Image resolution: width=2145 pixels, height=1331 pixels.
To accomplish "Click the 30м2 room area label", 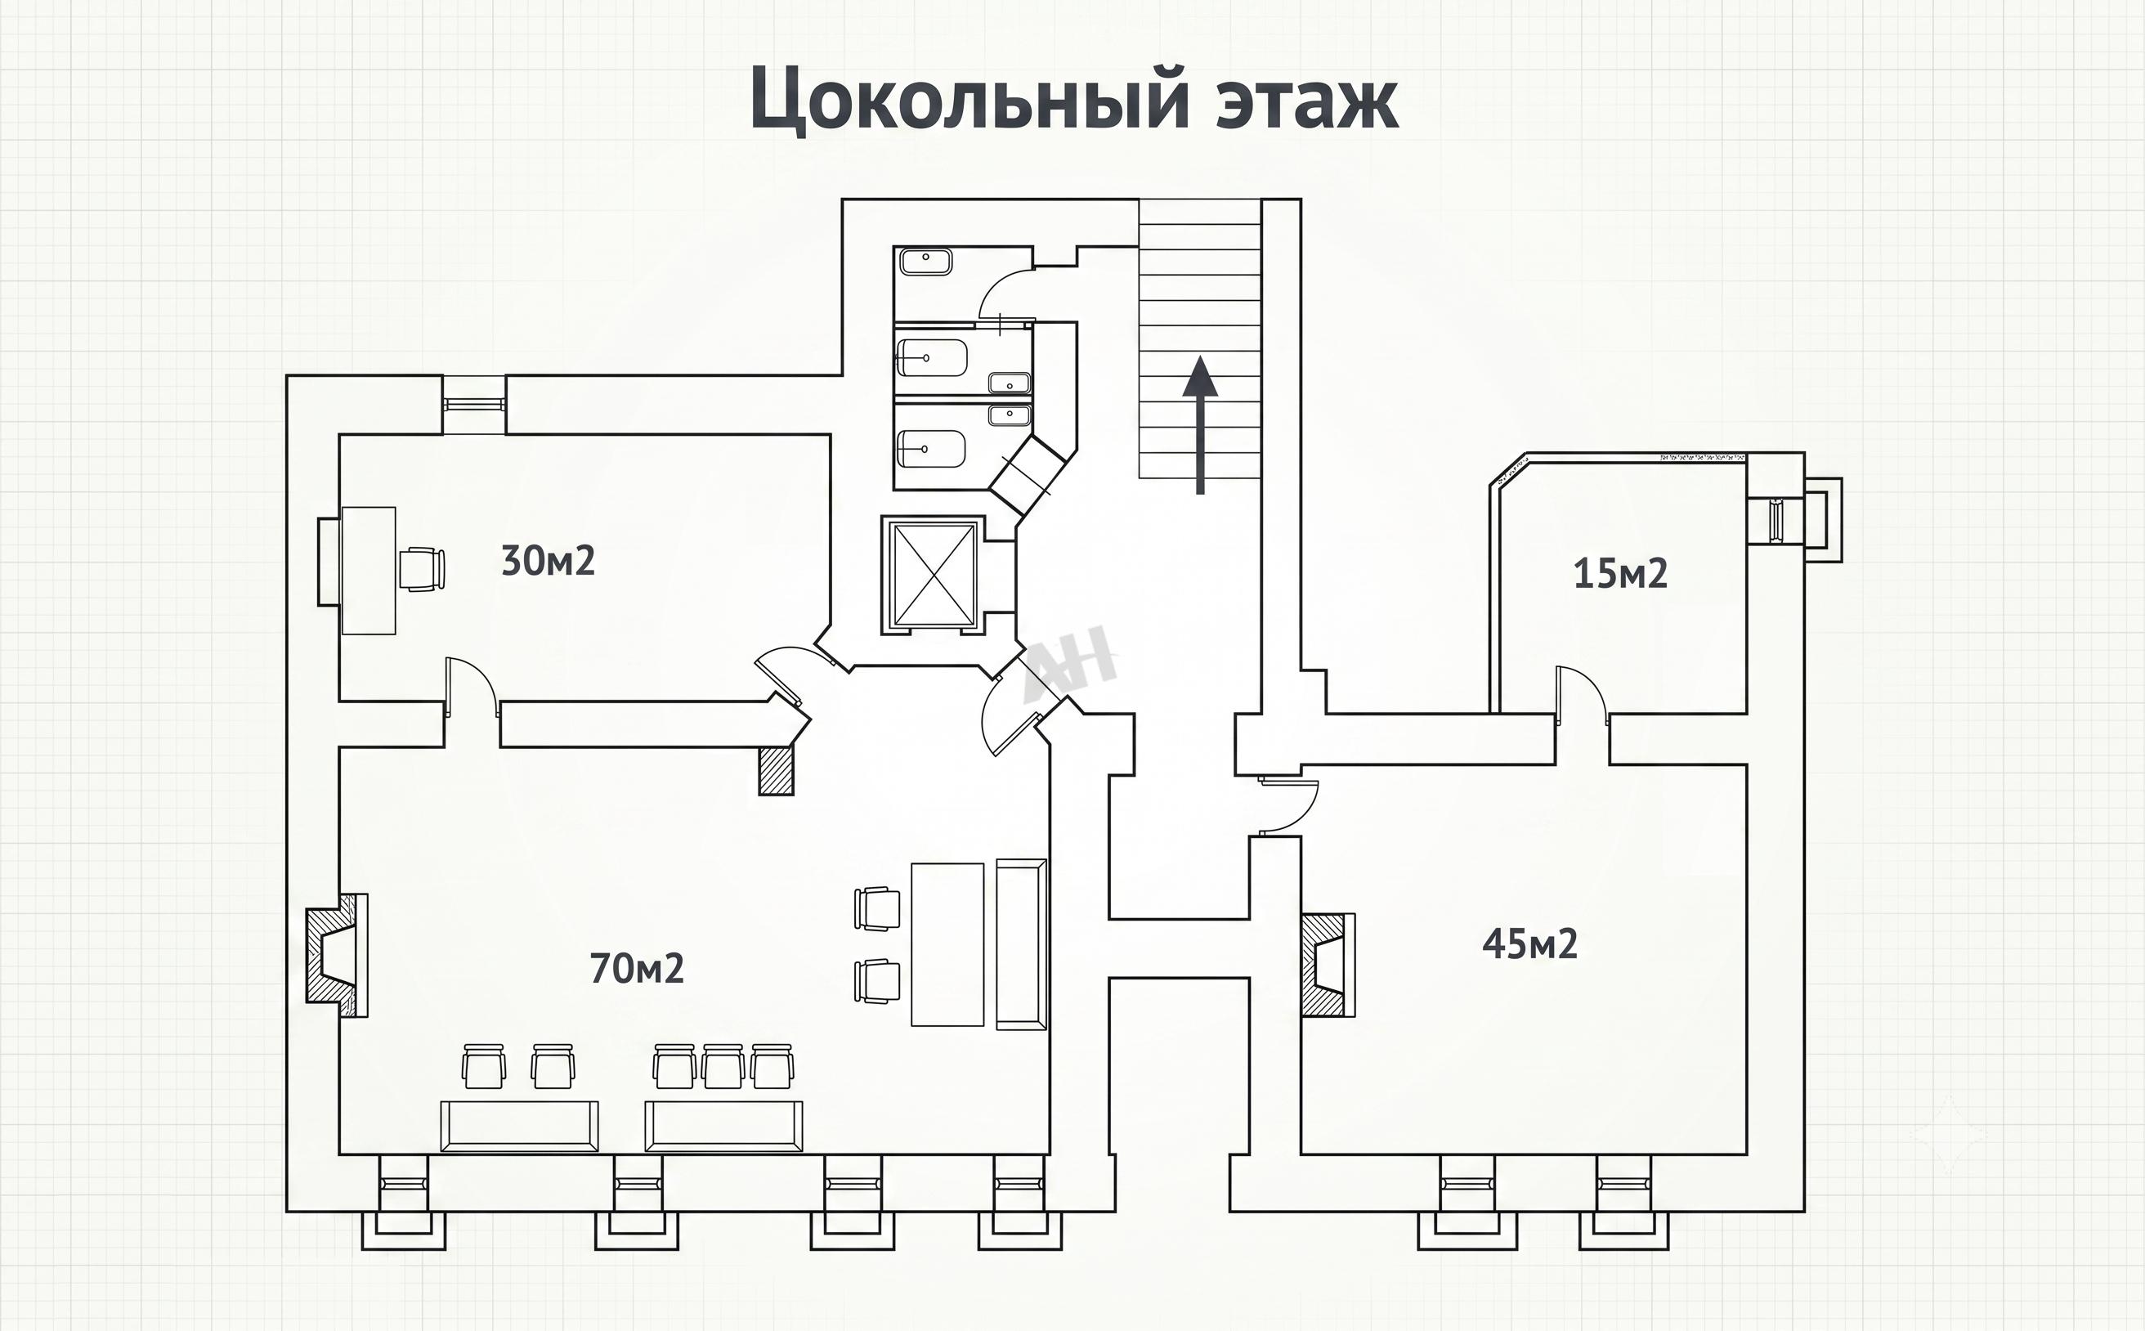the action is tap(548, 561).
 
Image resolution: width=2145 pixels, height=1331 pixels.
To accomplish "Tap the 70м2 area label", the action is tap(636, 968).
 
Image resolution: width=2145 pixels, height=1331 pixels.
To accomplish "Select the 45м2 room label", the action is tap(1529, 943).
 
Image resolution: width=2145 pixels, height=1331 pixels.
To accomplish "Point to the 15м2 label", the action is tap(1619, 574).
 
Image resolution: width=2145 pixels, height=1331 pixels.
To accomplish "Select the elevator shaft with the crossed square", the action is tap(933, 574).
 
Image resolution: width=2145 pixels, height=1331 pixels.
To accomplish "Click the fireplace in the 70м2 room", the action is tap(336, 956).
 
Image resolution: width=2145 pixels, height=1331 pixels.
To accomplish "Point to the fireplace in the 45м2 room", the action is tap(1328, 965).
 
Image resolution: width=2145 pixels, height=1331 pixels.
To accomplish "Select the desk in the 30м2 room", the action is tap(368, 571).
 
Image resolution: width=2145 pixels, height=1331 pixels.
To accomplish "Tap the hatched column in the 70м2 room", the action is tap(776, 771).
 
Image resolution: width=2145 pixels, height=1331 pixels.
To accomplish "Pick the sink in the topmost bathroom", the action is tap(925, 262).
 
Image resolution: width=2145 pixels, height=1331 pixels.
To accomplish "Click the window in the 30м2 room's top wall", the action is tap(473, 404).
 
